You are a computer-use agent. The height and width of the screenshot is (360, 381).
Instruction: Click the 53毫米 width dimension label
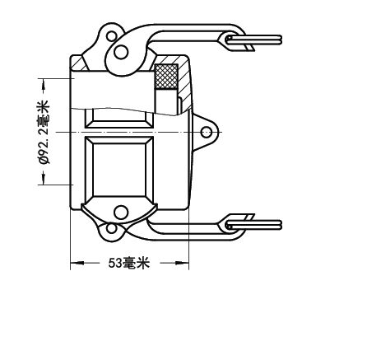point(129,263)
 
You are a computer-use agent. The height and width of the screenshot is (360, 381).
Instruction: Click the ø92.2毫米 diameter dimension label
point(44,133)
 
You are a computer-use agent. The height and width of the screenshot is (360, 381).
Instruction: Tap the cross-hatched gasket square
point(166,77)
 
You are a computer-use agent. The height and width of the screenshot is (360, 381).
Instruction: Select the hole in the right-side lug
point(206,133)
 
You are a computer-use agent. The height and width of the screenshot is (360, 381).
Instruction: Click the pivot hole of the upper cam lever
point(121,52)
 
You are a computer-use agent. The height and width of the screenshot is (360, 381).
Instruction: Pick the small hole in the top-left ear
point(112,35)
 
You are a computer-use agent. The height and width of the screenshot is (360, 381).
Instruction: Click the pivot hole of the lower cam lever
point(121,213)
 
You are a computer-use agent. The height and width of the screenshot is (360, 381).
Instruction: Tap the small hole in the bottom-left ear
point(111,228)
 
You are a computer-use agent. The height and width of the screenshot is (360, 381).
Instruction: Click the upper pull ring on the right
point(253,40)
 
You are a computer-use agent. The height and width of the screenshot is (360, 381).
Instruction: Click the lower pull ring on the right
point(253,225)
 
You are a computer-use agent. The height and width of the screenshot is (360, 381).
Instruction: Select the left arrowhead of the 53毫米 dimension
point(77,263)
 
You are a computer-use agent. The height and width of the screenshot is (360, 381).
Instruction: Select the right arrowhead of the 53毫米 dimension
point(182,263)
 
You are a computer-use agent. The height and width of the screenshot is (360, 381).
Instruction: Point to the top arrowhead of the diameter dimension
point(43,84)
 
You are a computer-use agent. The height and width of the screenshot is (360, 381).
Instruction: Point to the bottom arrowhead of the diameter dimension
point(43,179)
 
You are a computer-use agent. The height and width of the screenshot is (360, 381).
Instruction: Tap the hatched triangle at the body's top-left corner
point(80,63)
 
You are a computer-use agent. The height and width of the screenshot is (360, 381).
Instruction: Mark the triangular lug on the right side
point(204,133)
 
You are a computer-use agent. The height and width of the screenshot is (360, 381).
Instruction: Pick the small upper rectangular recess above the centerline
point(119,119)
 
